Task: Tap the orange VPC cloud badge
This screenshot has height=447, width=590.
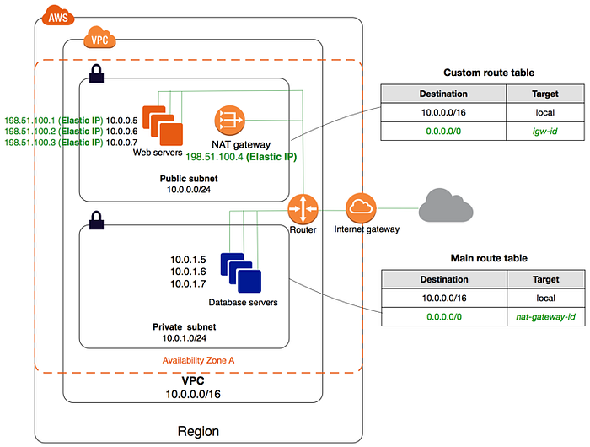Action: point(99,37)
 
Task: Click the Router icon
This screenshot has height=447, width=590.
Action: point(303,207)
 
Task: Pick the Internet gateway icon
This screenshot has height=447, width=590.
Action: point(361,207)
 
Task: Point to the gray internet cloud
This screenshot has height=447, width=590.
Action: point(446,206)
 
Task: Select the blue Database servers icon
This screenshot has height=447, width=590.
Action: point(240,272)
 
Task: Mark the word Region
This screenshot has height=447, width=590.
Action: point(198,431)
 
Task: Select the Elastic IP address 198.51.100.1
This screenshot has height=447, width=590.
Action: point(29,121)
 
